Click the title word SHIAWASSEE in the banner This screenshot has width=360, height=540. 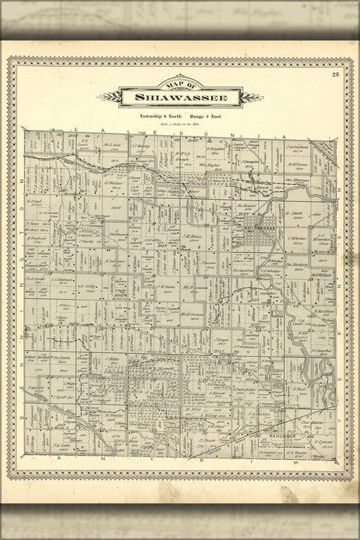click(x=180, y=98)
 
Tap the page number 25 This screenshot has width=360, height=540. click(x=336, y=74)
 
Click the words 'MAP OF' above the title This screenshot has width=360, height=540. click(x=180, y=86)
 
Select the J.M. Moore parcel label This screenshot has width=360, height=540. click(x=194, y=236)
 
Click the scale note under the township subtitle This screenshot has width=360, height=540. click(x=180, y=123)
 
